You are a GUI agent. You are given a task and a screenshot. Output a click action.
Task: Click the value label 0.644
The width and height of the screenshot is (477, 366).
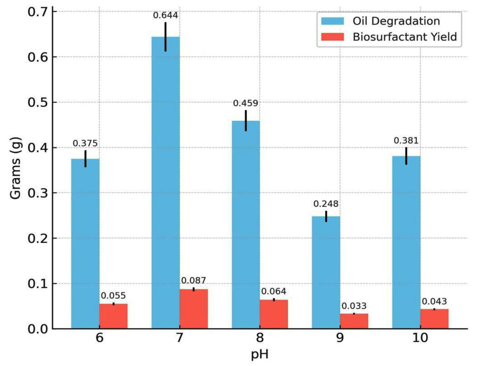click(165, 15)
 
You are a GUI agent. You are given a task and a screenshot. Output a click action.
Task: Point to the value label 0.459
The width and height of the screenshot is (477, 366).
click(246, 103)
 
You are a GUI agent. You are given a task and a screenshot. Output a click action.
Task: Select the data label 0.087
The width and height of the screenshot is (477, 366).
click(193, 280)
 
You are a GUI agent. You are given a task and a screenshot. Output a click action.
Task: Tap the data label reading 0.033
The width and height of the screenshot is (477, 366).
click(354, 306)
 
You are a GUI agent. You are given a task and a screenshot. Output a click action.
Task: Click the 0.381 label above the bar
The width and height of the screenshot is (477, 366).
click(406, 141)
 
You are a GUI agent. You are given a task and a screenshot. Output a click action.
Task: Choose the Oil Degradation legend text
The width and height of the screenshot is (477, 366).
click(396, 21)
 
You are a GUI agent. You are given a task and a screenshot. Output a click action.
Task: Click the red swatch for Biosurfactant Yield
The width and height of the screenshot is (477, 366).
click(333, 37)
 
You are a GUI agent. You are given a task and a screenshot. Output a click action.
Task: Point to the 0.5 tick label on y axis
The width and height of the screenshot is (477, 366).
click(37, 102)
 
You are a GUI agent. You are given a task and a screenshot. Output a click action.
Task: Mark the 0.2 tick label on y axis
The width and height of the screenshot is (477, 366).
click(37, 238)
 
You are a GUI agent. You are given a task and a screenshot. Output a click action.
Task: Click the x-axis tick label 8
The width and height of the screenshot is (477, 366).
click(260, 338)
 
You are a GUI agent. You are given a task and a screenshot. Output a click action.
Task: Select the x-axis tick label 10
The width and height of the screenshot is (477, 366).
click(420, 338)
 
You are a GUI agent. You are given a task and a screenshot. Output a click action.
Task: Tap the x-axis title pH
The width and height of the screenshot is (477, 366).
click(260, 354)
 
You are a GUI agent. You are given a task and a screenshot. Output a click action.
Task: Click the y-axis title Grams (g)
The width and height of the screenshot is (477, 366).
click(15, 168)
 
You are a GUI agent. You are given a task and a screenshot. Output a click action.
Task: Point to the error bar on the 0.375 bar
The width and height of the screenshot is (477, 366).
click(85, 159)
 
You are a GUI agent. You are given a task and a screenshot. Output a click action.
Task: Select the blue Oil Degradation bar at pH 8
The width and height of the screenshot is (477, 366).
click(246, 225)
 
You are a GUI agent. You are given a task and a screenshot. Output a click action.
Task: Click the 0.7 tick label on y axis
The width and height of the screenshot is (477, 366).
click(37, 12)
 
